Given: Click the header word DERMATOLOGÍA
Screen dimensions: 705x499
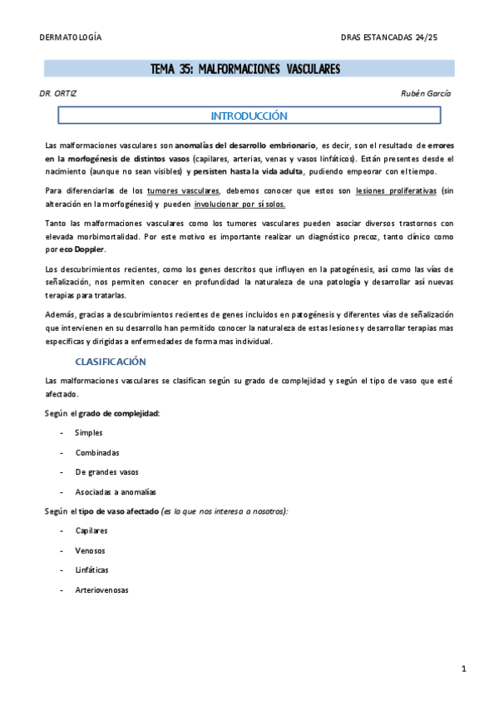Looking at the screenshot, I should click(x=71, y=38).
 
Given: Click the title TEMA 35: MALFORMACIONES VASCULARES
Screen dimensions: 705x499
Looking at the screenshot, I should click(x=245, y=69).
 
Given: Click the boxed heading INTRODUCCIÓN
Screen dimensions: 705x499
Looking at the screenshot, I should click(x=249, y=116).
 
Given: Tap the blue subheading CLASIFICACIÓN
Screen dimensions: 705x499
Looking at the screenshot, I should click(x=111, y=362).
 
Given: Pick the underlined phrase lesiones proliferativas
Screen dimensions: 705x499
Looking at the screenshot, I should click(x=393, y=191).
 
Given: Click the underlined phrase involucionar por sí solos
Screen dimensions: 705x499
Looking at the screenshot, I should click(x=240, y=204).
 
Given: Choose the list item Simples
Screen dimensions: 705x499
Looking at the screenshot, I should click(x=89, y=433).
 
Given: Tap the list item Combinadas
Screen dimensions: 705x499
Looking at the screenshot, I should click(x=97, y=452).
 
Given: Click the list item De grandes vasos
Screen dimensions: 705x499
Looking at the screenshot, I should click(x=106, y=472).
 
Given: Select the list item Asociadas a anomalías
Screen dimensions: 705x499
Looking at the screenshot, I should click(x=116, y=491).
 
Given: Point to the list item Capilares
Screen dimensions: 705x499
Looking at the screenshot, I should click(x=91, y=530).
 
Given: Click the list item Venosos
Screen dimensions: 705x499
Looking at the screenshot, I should click(x=91, y=550).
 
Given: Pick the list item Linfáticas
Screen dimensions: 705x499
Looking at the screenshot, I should click(x=92, y=570).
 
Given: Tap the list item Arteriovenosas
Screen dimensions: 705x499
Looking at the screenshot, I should click(x=101, y=590).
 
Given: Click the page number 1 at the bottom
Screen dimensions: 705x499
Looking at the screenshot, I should click(x=463, y=669).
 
